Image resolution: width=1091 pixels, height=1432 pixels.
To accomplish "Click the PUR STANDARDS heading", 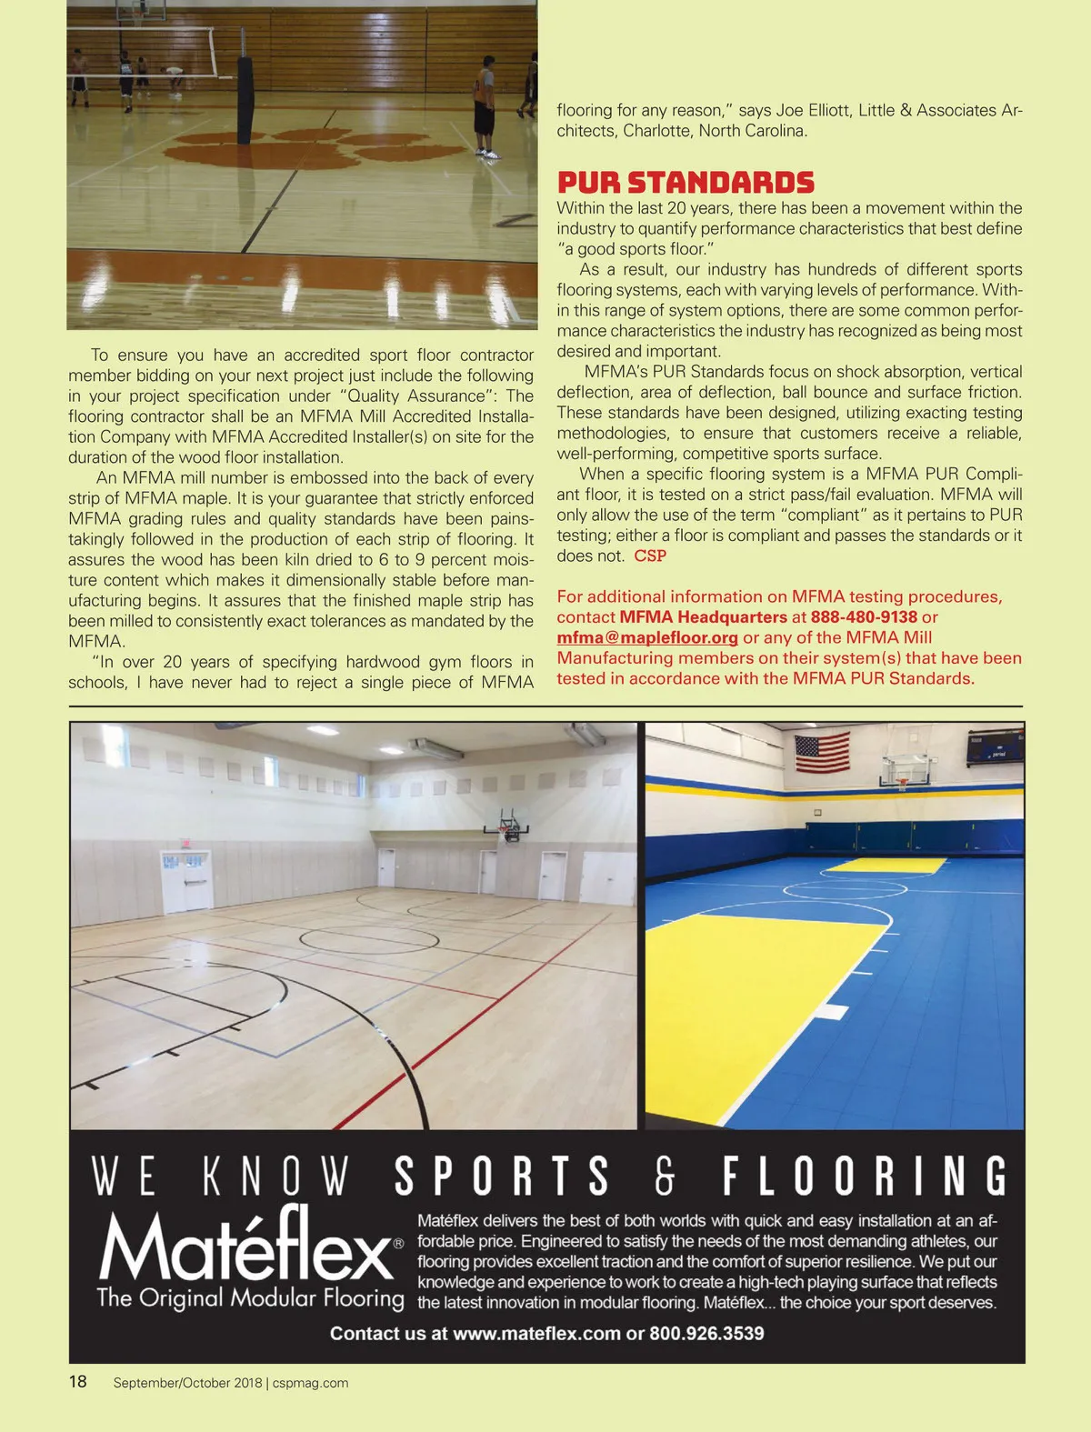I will [686, 182].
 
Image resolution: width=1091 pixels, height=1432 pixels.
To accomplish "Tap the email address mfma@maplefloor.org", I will [647, 637].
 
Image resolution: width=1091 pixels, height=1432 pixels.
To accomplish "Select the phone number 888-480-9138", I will [864, 617].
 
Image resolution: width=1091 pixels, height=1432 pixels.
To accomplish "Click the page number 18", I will [78, 1382].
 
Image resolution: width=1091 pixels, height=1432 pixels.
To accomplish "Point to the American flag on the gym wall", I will [822, 752].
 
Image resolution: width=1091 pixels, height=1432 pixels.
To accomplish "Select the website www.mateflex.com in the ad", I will [536, 1334].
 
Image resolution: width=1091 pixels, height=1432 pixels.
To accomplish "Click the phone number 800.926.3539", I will [706, 1334].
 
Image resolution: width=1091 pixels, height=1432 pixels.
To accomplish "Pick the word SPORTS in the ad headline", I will [502, 1176].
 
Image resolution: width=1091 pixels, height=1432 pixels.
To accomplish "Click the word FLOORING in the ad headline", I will [865, 1176].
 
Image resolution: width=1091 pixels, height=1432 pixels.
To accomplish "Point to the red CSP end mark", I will [650, 556].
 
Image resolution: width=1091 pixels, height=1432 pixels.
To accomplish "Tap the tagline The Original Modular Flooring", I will [250, 1297].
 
